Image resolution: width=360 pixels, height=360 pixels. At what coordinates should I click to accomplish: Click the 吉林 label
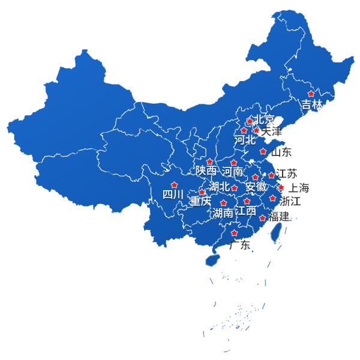coord(311,104)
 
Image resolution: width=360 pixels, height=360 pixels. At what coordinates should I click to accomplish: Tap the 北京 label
coord(265,119)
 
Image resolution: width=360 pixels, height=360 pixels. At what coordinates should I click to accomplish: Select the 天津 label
coord(271,130)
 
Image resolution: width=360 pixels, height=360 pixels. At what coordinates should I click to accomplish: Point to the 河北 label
coord(245,140)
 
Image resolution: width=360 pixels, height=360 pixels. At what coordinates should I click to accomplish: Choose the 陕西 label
coord(206,171)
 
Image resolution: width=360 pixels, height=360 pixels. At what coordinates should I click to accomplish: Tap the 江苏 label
coord(286,174)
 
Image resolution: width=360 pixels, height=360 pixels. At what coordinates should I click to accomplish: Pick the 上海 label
coord(298,188)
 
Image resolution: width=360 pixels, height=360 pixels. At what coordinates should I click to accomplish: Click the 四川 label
coord(173,194)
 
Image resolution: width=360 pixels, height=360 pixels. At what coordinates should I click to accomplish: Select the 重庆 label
coord(200,201)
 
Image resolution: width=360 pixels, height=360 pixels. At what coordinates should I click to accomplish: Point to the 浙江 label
coord(290,201)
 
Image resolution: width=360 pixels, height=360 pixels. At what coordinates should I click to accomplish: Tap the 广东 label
coord(239,245)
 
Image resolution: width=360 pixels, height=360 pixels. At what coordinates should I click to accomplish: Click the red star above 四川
coord(175,185)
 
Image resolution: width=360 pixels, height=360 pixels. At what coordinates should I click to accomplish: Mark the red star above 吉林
coord(311,94)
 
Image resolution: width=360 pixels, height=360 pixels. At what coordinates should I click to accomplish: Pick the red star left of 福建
coord(262,218)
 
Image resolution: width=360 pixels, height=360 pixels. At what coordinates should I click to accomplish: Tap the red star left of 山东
coord(263,151)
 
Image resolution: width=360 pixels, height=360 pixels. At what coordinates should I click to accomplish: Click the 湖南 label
coord(223,213)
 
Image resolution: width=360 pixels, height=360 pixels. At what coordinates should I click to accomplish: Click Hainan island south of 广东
coord(211,260)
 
